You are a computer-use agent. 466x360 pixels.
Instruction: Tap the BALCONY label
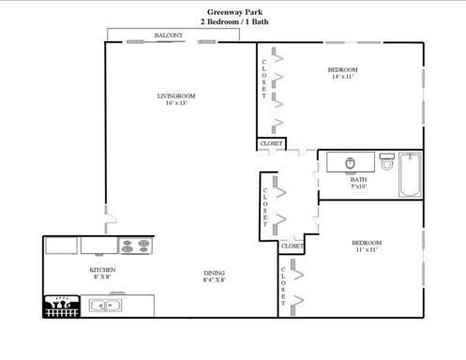pos(169,36)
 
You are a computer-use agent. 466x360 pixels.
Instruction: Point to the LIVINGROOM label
pos(175,96)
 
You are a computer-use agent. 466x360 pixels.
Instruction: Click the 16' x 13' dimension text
pos(175,103)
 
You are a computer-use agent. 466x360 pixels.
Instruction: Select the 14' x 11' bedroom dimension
pos(342,77)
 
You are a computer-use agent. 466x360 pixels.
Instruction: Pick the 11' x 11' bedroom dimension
pos(368,250)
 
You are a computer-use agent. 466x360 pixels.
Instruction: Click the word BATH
pos(358,178)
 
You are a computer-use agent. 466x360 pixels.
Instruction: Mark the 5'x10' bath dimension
pos(358,186)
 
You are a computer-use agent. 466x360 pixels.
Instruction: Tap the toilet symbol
pos(387,161)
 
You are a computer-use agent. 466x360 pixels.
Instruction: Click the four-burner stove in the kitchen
pos(136,246)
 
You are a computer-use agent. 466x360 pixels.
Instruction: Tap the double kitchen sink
pos(106,305)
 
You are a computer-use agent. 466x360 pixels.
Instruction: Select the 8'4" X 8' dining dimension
pos(215,280)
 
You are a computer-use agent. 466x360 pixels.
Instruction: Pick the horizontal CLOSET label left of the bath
pos(271,143)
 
